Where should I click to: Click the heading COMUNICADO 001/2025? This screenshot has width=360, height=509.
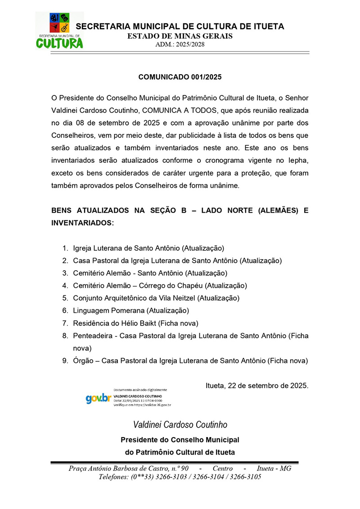tap(180, 77)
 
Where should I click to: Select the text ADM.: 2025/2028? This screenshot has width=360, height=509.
tap(180, 45)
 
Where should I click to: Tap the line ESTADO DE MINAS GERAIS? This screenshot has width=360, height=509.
tap(180, 36)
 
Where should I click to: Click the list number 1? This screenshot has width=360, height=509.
tap(65, 248)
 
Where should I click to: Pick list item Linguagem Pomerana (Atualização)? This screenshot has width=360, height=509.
tap(131, 310)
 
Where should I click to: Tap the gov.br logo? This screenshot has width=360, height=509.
tap(99, 398)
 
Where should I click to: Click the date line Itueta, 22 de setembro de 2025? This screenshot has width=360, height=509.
tap(257, 385)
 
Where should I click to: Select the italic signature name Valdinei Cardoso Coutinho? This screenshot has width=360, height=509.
tap(180, 424)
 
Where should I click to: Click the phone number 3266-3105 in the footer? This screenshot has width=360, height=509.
tap(245, 477)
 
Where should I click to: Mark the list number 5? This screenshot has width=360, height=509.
tap(65, 298)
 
